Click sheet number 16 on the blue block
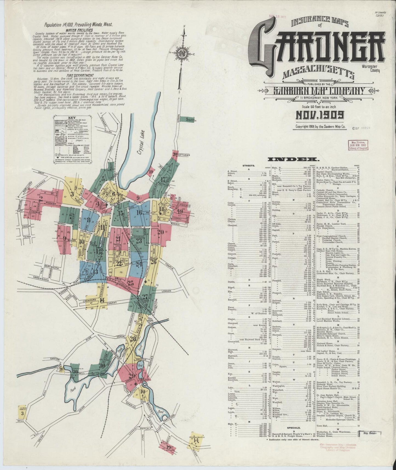139,212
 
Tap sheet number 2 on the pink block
41,199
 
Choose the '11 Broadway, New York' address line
320,98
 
